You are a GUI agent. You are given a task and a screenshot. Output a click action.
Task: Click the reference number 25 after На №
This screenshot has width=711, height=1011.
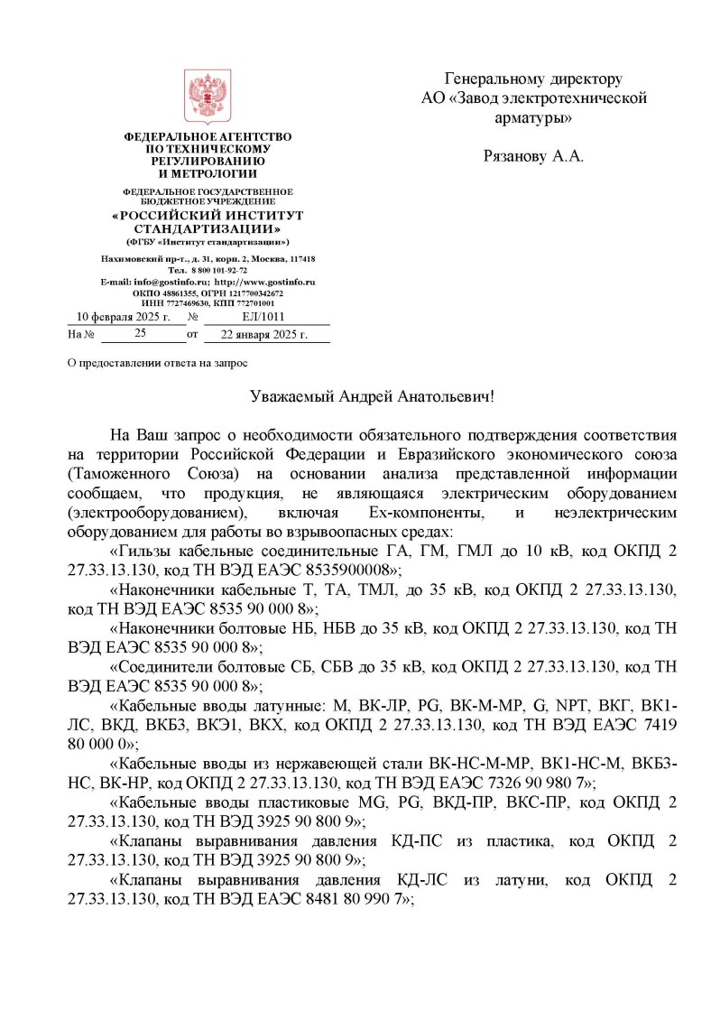140,334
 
